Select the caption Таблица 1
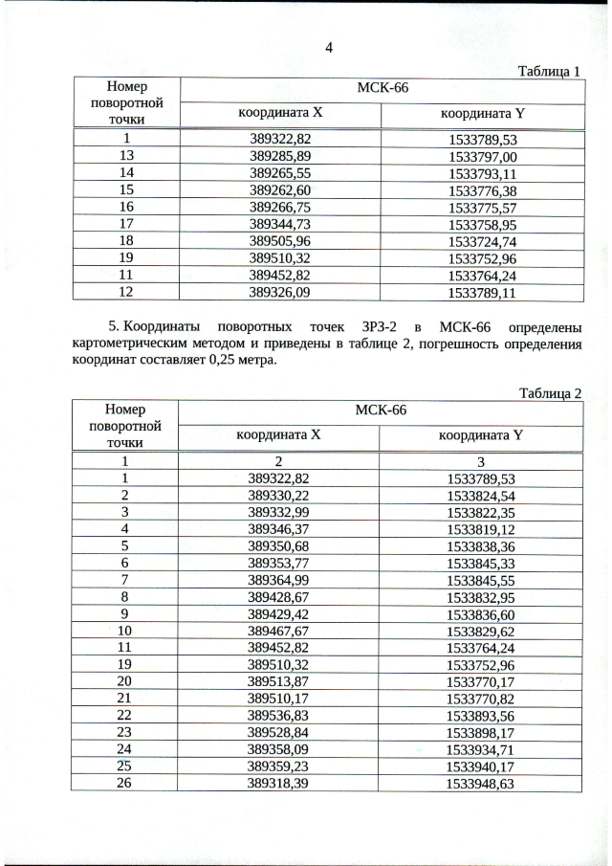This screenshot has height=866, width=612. click(x=549, y=71)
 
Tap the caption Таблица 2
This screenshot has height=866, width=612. click(x=549, y=392)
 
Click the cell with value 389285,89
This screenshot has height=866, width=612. click(x=279, y=156)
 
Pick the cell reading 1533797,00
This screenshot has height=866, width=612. click(x=482, y=156)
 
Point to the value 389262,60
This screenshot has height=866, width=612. click(x=279, y=189)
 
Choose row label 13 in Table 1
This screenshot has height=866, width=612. click(x=126, y=156)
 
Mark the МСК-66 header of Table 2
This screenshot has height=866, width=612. click(x=381, y=411)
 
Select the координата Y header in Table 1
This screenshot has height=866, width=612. click(x=482, y=113)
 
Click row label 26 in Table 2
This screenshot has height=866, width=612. click(x=124, y=783)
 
